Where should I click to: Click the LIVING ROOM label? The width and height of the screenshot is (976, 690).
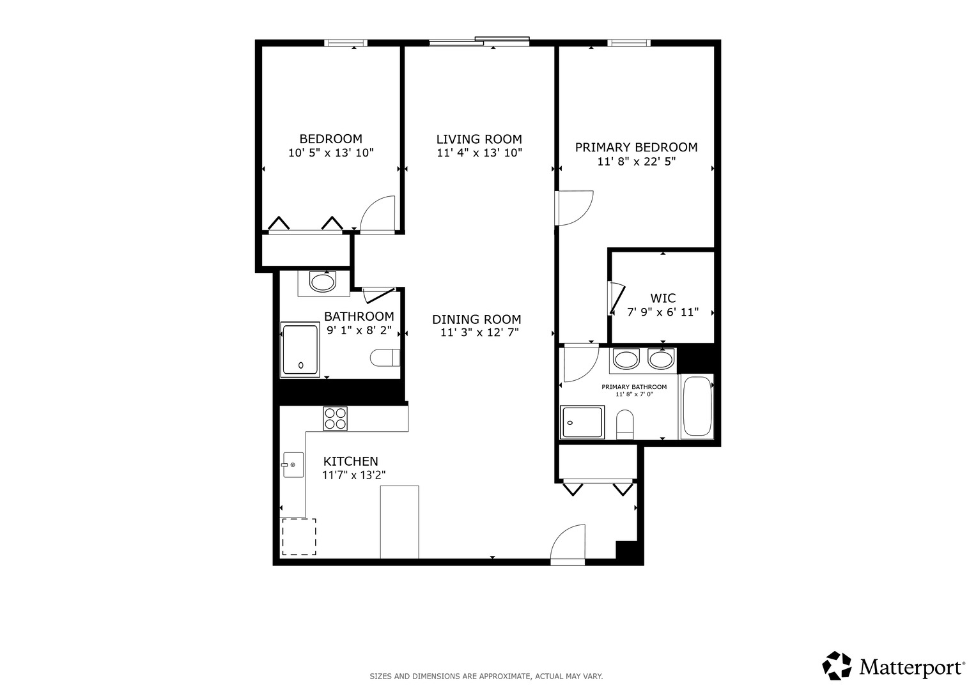coord(479,139)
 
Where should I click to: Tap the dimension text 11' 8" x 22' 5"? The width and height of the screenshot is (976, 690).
coord(637,162)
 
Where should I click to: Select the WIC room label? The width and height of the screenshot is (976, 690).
coord(663,298)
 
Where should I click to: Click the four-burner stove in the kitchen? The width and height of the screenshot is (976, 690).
coord(336,418)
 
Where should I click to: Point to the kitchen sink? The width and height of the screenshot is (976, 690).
coord(293,464)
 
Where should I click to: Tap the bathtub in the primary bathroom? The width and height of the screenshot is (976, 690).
coord(697,406)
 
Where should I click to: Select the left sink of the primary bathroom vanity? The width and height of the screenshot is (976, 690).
coord(626,360)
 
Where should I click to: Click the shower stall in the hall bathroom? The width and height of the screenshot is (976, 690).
coord(300,349)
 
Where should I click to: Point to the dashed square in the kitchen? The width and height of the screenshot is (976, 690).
coord(299,537)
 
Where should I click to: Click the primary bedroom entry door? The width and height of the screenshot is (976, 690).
coord(575,207)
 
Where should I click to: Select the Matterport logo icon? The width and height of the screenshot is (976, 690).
coord(837,666)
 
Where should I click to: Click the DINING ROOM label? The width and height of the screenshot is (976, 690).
coord(476,319)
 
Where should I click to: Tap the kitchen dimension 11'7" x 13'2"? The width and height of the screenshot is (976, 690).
coord(354,475)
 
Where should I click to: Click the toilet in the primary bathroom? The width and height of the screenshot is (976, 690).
coord(624,424)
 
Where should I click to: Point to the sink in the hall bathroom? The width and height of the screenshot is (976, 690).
coord(323,282)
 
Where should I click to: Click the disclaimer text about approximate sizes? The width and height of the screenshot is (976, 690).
coord(486,676)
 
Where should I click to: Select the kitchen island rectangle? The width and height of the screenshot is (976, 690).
coord(399,521)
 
